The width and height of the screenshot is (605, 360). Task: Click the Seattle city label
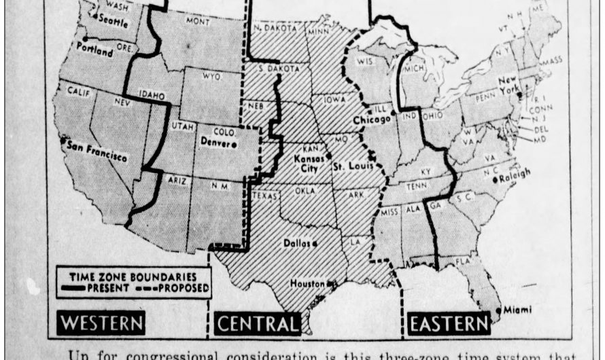[x=113, y=20]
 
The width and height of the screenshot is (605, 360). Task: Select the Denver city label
[x=215, y=142]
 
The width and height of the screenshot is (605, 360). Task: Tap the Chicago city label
[x=372, y=120]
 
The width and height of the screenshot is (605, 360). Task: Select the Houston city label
[x=308, y=284]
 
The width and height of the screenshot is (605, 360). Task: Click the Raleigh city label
[x=515, y=178]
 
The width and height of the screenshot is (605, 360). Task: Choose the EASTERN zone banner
[x=449, y=323]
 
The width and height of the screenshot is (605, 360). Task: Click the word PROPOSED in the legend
[x=179, y=288]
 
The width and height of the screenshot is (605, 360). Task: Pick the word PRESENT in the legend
[x=112, y=288]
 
